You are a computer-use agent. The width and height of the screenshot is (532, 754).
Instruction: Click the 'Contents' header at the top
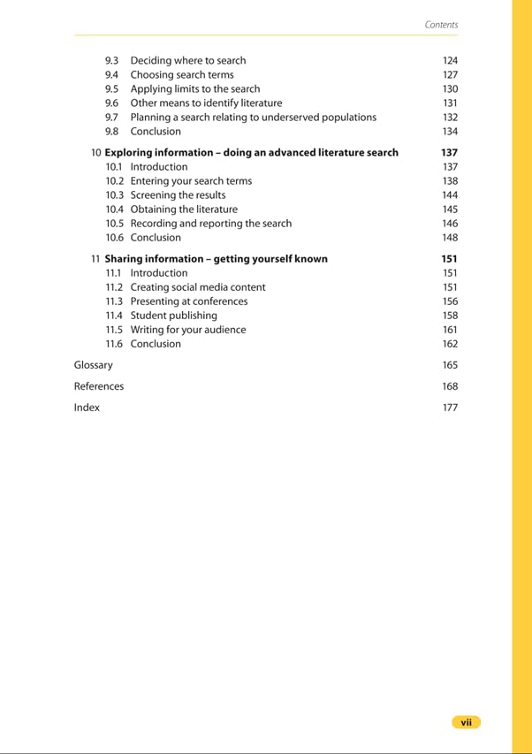coord(441,25)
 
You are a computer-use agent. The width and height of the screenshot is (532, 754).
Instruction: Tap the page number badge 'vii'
coord(466,722)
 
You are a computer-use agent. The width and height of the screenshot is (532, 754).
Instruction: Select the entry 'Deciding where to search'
coord(187,60)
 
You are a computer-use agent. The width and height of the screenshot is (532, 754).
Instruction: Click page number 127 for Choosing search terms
coord(450,74)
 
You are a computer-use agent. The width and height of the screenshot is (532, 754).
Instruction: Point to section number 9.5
coord(111,88)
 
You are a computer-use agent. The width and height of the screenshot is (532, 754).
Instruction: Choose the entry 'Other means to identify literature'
coord(206,103)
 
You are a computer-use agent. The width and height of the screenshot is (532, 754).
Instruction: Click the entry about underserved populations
coord(253,117)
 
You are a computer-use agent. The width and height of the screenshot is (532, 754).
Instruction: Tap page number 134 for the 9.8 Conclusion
coord(450,131)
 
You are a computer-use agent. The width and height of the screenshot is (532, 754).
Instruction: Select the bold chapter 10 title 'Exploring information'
coord(251,152)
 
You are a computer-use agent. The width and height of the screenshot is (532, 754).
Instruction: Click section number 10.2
coord(114,180)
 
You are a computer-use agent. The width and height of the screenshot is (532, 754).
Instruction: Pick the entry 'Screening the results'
coord(178,194)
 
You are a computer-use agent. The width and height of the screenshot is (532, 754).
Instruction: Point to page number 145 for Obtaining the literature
coord(450,209)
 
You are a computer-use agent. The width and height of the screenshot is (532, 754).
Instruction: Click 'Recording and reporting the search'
coord(210,223)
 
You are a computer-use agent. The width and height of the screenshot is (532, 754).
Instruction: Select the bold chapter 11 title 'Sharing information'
coord(216,258)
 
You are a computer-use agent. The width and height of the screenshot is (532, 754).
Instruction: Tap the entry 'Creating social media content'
coord(197,286)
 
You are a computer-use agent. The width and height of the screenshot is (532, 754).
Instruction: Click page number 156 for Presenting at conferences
coord(450,301)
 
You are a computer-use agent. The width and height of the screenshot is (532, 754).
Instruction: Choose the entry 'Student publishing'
coord(173,315)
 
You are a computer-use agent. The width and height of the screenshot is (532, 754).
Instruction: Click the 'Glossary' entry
coord(93,364)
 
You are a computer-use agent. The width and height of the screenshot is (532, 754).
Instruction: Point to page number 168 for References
coord(450,385)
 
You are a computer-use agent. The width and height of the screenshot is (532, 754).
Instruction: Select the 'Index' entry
coord(87,407)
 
